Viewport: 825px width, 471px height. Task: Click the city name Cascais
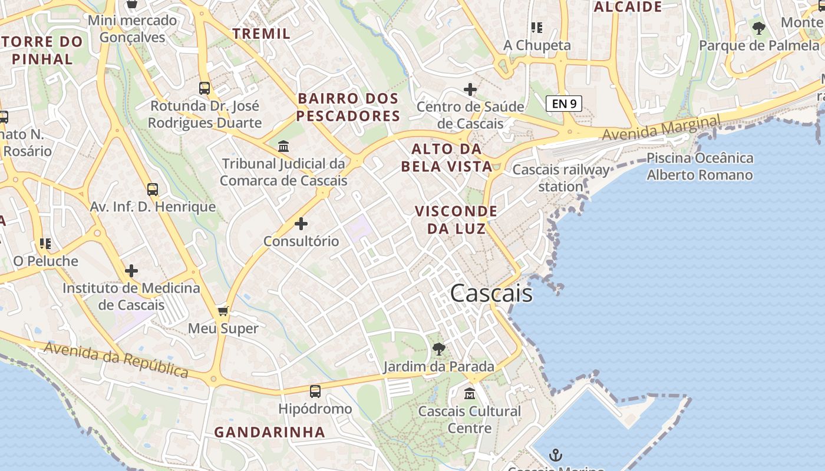(x=491, y=293)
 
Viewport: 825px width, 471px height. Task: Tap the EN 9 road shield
(x=564, y=104)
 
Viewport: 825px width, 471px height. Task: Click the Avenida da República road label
(x=116, y=359)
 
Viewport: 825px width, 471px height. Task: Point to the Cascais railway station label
(x=561, y=178)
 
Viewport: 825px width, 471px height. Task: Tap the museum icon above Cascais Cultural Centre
(x=470, y=393)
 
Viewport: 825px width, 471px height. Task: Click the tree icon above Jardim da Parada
(x=438, y=349)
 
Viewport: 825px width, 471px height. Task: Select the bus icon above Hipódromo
(x=315, y=391)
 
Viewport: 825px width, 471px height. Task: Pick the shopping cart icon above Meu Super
(x=223, y=311)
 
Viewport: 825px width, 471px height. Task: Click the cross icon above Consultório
(x=301, y=224)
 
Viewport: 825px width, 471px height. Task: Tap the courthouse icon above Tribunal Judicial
(x=283, y=145)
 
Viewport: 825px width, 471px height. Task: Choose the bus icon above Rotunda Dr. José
(x=204, y=88)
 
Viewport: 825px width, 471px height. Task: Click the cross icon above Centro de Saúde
(x=470, y=89)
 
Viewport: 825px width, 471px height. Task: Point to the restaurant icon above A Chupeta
(x=536, y=27)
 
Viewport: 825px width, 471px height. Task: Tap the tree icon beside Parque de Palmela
(x=759, y=28)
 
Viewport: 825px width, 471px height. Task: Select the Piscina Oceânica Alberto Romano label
(x=699, y=166)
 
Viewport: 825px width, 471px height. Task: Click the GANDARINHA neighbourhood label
(x=269, y=432)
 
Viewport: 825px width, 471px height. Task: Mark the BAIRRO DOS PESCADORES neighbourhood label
(x=348, y=107)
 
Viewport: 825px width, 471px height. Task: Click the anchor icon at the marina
(x=555, y=455)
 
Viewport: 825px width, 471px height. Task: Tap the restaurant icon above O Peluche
(x=45, y=243)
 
